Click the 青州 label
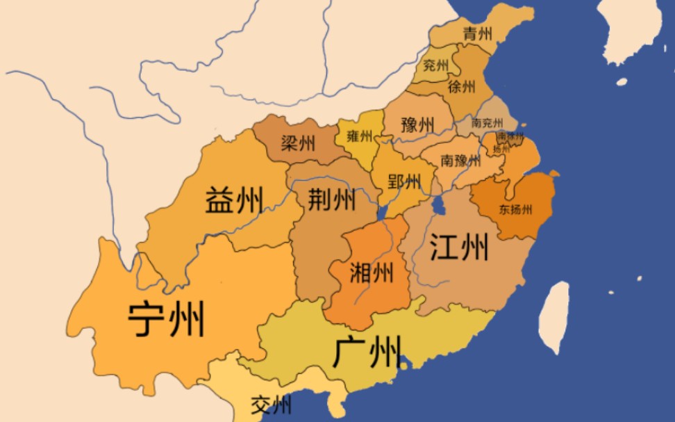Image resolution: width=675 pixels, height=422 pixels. pos(478,33)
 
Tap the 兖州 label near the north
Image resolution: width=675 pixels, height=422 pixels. pos(436,66)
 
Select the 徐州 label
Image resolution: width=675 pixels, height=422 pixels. pos(462,87)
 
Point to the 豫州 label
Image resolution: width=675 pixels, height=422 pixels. pos(417,125)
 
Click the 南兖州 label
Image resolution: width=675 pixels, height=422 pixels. pos(487,122)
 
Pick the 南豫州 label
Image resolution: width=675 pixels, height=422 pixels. pos(460,161)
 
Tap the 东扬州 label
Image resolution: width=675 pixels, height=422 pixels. pos(515,209)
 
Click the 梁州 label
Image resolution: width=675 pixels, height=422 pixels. pos(298,144)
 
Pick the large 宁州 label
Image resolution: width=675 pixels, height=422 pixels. pos(166,319)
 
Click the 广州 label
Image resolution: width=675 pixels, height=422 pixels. pos(367,352)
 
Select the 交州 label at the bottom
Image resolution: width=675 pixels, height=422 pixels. pos(271,404)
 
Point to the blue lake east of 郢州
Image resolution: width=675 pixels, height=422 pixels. pos(439,205)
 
